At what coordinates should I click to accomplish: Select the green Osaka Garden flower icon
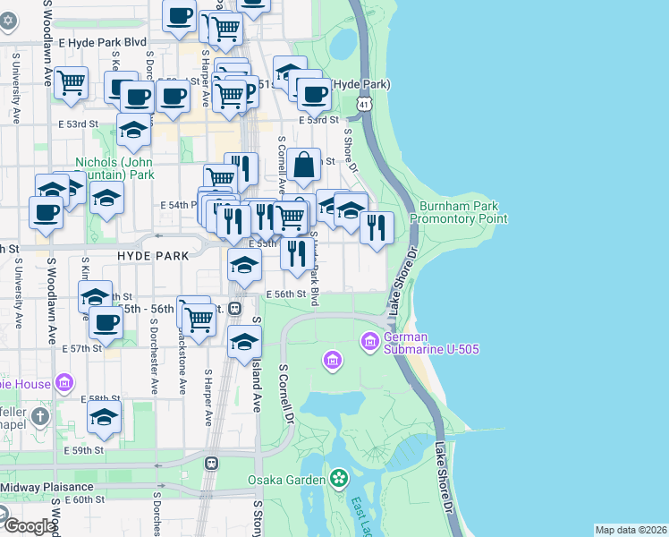coord(339,479)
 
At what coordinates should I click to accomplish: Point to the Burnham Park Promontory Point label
coord(459,212)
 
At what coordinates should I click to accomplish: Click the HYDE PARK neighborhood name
coord(153,256)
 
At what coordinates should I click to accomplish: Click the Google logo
coord(29,525)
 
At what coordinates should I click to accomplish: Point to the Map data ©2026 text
coord(631,530)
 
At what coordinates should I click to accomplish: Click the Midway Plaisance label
coord(44,487)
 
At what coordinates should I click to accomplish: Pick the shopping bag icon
coord(304,165)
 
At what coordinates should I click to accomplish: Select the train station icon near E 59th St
coord(212,464)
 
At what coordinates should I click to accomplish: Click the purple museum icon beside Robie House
coord(63,383)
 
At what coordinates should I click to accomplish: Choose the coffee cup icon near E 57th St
coord(106,322)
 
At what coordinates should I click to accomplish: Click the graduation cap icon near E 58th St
coord(105,417)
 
